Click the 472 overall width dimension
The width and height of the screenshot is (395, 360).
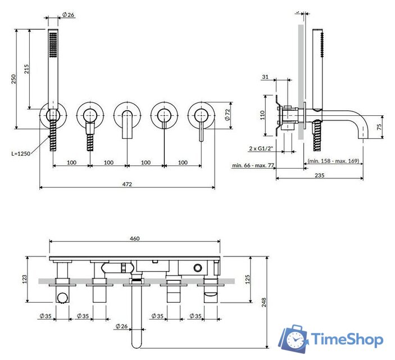click(127, 184)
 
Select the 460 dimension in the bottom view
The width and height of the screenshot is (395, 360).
click(134, 238)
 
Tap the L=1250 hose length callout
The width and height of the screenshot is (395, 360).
click(21, 154)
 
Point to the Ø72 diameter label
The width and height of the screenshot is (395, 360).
click(228, 115)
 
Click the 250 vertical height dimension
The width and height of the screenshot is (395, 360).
click(13, 79)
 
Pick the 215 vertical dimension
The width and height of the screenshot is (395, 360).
click(26, 69)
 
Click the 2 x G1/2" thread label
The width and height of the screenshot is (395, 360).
click(261, 148)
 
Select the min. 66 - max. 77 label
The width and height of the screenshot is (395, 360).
click(253, 165)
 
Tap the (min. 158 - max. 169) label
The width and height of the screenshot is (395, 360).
click(333, 161)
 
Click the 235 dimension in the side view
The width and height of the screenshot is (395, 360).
click(319, 175)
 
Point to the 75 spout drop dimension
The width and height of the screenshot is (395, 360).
click(379, 127)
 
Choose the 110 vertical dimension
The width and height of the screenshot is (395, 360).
click(262, 115)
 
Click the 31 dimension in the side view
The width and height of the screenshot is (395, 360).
click(265, 76)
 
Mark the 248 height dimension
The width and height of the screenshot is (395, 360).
click(264, 302)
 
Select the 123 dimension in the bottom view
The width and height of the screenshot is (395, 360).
click(24, 279)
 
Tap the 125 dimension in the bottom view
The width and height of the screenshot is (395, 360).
click(247, 279)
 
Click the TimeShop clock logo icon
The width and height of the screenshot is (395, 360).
click(294, 339)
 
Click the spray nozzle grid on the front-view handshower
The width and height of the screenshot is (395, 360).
click(53, 44)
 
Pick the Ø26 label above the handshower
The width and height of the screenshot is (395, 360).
click(69, 15)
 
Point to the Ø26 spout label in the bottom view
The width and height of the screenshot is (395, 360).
click(122, 326)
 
